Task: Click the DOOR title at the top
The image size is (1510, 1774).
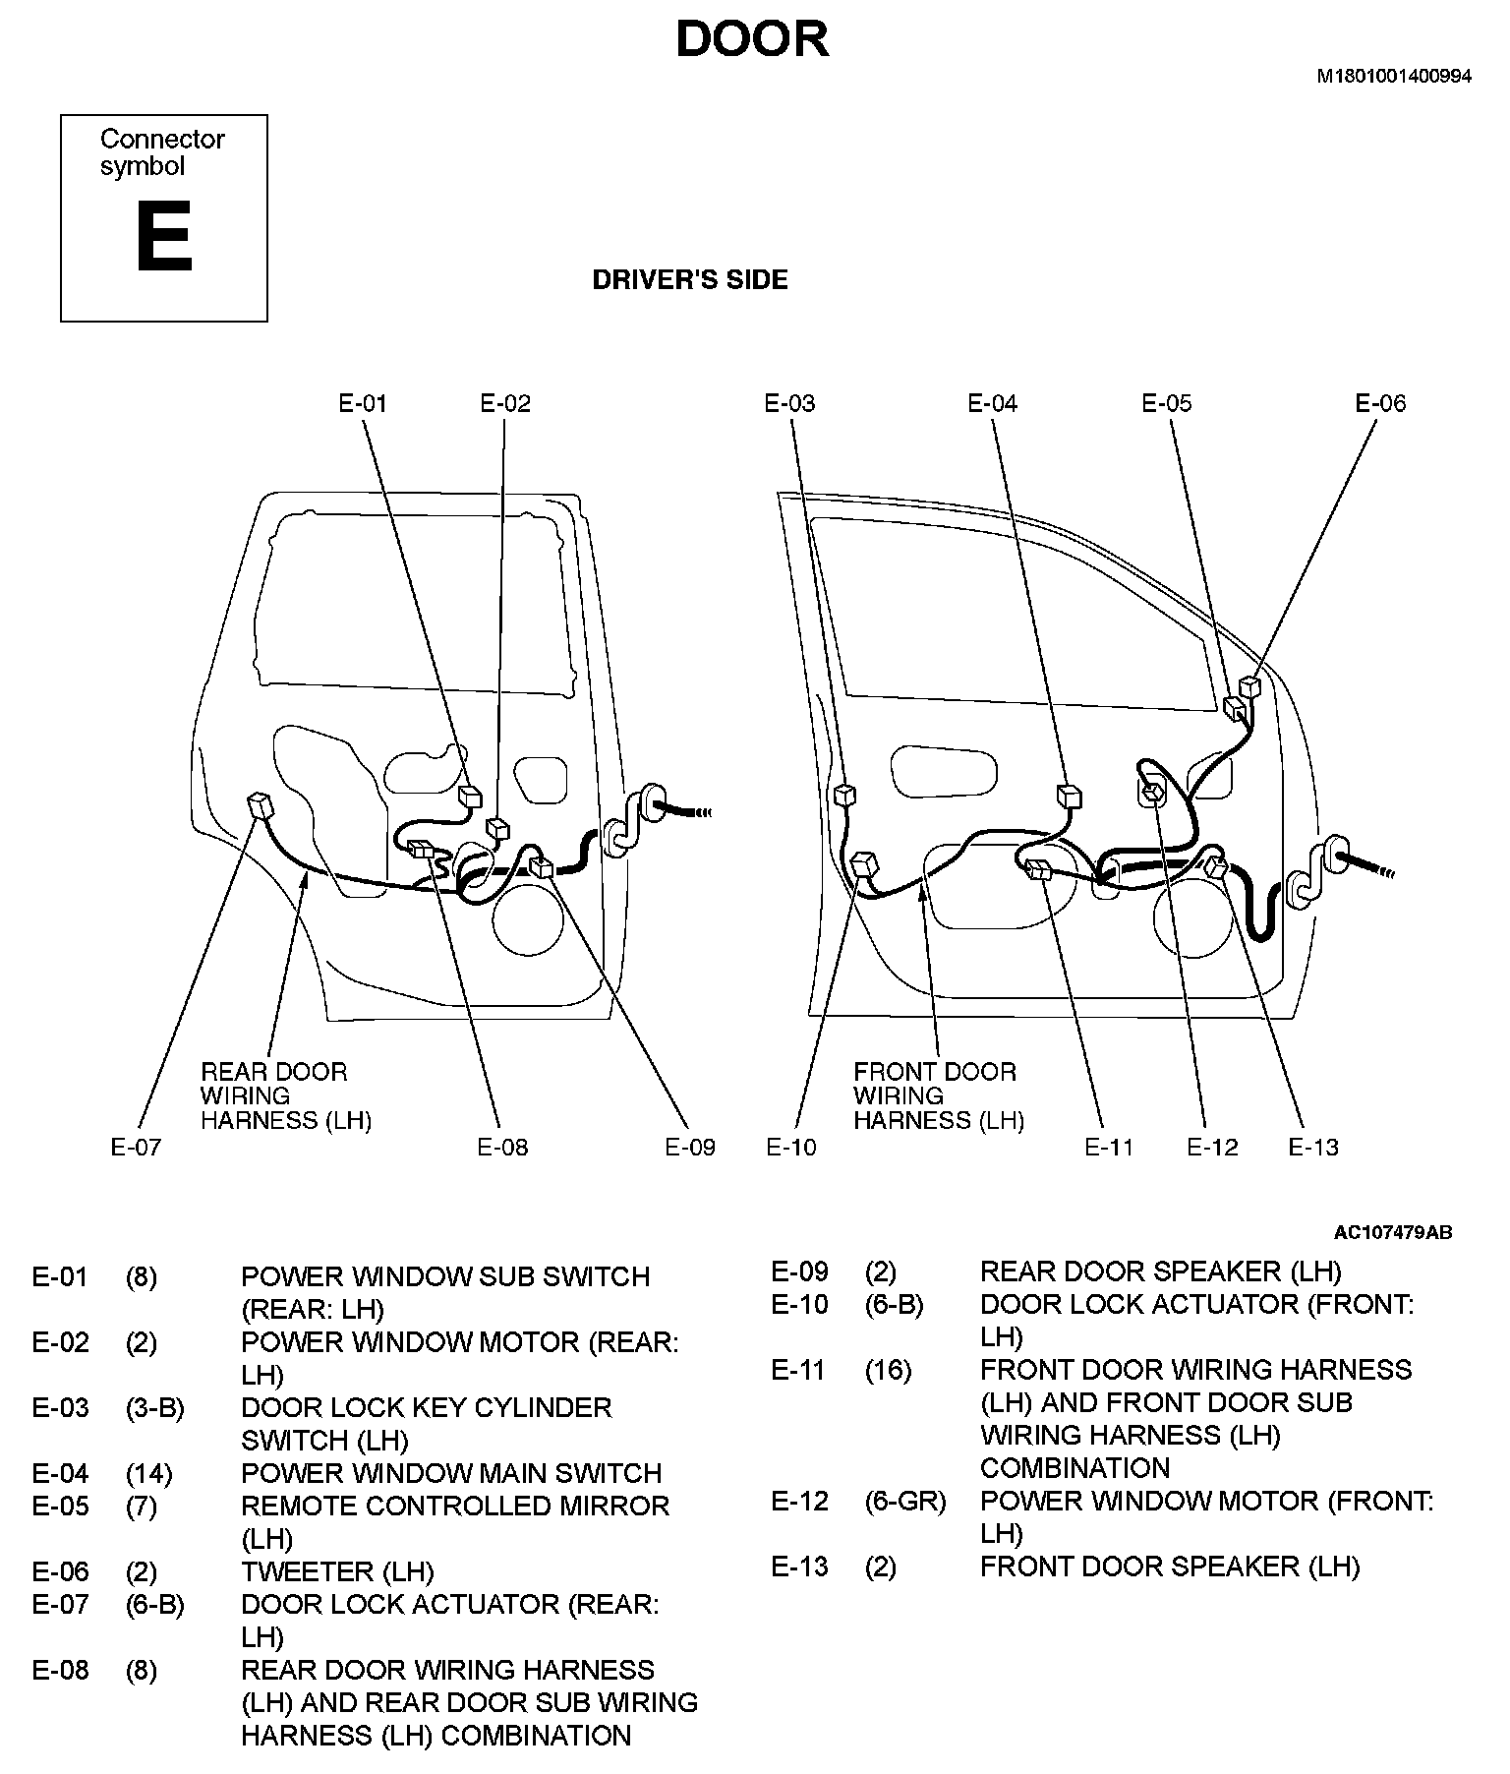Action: click(x=752, y=40)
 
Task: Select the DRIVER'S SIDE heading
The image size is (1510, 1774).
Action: click(x=689, y=280)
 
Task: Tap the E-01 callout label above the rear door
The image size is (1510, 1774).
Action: click(x=363, y=403)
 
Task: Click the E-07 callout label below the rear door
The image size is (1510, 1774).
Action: click(x=135, y=1147)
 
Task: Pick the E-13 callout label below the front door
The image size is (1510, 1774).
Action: click(x=1313, y=1147)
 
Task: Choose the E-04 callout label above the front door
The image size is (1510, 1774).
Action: click(x=992, y=403)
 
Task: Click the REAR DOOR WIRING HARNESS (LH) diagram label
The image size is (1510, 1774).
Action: click(x=285, y=1096)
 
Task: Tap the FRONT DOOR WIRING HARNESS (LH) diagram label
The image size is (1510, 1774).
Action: click(x=938, y=1096)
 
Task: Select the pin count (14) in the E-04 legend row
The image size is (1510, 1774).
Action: click(x=148, y=1473)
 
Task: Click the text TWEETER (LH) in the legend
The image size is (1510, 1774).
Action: click(x=337, y=1571)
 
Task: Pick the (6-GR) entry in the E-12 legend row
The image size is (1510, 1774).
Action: click(x=904, y=1502)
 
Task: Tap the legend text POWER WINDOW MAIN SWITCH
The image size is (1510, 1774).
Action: click(x=451, y=1473)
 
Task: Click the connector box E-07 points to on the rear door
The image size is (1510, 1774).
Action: click(x=261, y=805)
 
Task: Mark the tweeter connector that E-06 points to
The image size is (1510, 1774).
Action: click(x=1249, y=686)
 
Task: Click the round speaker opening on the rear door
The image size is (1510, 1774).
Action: click(x=529, y=917)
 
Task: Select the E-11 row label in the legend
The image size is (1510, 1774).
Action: click(x=797, y=1370)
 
